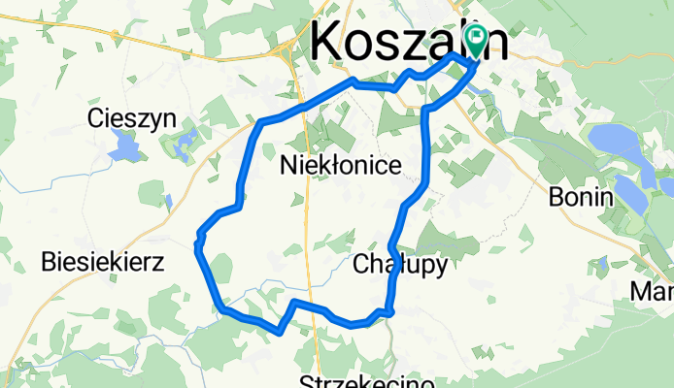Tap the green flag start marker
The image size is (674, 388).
pos(476,40)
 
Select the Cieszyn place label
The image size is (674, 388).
pos(130,118)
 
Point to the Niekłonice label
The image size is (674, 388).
pos(340,166)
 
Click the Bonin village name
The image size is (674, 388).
pos(582,197)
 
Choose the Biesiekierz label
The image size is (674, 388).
pos(104,261)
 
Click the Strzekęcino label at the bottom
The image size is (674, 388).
pos(367,381)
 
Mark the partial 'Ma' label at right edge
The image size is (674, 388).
pos(653,291)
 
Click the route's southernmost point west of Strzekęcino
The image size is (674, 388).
pos(280,332)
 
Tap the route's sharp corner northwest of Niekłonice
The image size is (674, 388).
pos(260,122)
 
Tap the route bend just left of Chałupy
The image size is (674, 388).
pos(391,244)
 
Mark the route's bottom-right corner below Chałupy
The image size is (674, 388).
pos(390,311)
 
